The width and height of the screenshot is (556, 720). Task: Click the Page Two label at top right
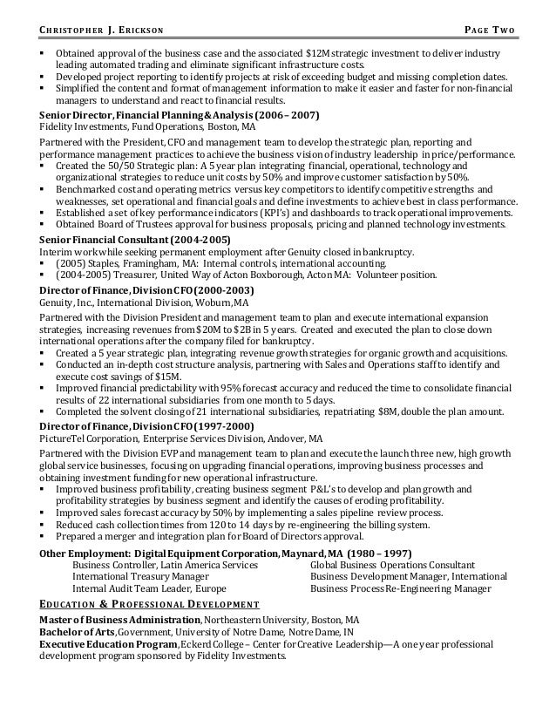click(x=491, y=33)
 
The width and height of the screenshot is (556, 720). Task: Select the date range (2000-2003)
click(x=222, y=289)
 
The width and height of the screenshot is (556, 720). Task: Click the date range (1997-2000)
click(x=222, y=425)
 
